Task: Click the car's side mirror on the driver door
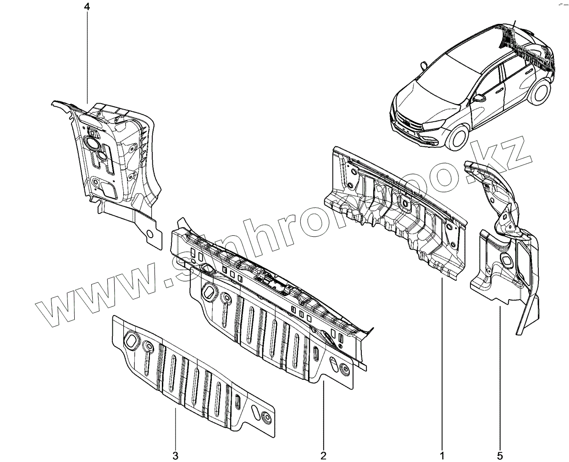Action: [480, 98]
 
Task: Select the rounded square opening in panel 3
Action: [131, 340]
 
